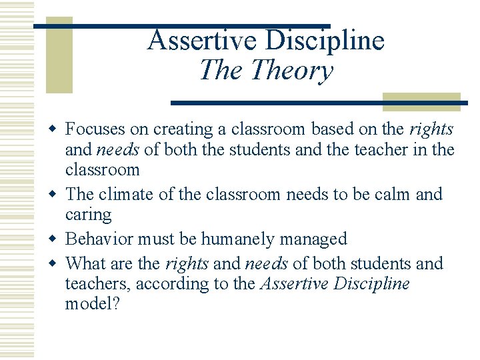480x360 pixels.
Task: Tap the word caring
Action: pyautogui.click(x=88, y=214)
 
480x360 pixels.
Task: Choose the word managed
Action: pyautogui.click(x=315, y=239)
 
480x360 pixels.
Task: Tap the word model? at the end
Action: pyautogui.click(x=93, y=304)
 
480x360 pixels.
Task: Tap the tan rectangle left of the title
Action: pyautogui.click(x=59, y=57)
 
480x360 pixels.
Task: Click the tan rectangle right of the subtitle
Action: pyautogui.click(x=421, y=101)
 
